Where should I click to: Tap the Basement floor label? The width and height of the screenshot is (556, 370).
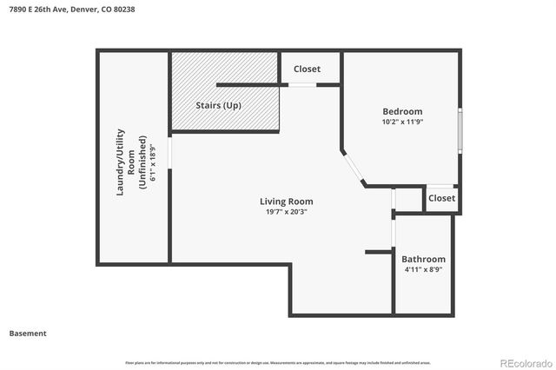[x=27, y=333]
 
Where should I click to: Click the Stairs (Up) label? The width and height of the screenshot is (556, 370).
[x=219, y=105]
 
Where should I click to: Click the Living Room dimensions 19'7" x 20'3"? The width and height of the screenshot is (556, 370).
[x=286, y=212]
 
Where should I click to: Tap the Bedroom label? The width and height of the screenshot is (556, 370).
[x=402, y=111]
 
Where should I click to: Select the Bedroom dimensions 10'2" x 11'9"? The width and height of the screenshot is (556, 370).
[x=402, y=122]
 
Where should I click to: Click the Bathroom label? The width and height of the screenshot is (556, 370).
[x=423, y=259]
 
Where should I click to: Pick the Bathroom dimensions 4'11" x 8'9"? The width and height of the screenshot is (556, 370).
[x=423, y=269]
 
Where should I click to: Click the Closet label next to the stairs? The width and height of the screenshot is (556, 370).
[x=307, y=69]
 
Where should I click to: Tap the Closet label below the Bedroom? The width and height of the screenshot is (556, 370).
[x=441, y=198]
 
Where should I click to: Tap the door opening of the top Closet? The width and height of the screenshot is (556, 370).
[x=302, y=84]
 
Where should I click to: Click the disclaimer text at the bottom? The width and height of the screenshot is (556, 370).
[x=277, y=361]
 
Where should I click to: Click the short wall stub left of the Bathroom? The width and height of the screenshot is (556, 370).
[x=380, y=252]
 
